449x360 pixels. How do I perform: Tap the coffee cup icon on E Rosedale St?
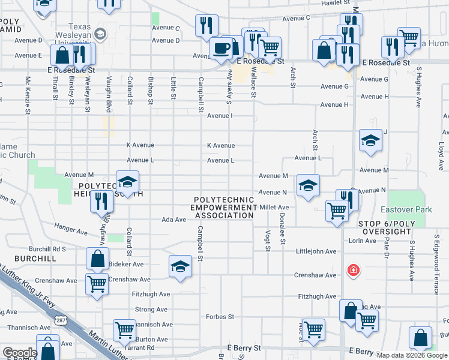[221, 48]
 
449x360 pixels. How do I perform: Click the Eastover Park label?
[406, 210]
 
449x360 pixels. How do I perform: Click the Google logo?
[20, 353]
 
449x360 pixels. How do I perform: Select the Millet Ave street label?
[274, 207]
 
